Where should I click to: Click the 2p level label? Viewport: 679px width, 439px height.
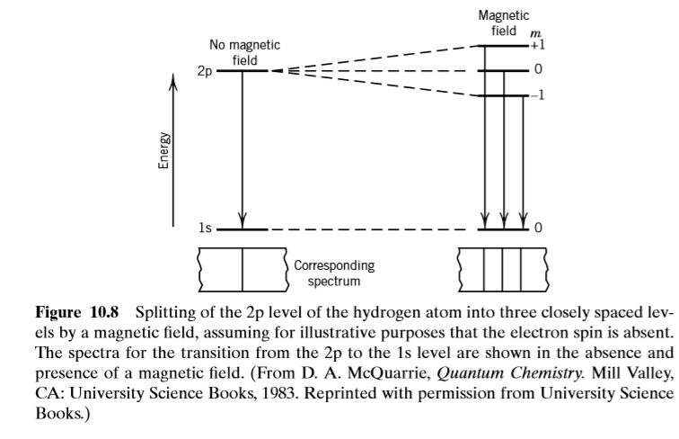pos(206,71)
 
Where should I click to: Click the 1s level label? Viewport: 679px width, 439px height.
pos(206,228)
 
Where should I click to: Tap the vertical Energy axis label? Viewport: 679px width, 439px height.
pos(163,150)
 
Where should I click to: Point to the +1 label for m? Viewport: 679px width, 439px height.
pos(537,44)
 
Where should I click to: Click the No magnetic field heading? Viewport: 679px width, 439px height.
pos(244,52)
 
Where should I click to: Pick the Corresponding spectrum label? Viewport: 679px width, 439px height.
pos(334,273)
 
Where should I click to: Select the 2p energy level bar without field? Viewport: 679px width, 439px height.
pos(242,70)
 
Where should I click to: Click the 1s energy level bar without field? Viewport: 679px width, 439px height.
pos(242,229)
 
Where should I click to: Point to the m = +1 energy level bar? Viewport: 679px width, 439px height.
pos(503,45)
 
